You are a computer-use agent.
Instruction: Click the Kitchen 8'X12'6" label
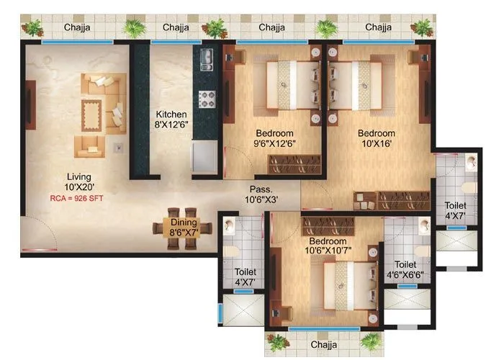click(x=172, y=120)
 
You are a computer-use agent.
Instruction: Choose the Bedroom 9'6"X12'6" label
click(x=274, y=139)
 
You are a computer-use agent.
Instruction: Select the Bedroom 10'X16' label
click(x=376, y=139)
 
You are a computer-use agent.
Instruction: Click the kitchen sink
click(x=205, y=57)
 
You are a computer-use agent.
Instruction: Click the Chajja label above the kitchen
click(x=175, y=27)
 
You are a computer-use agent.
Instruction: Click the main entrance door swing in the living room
click(x=39, y=234)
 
